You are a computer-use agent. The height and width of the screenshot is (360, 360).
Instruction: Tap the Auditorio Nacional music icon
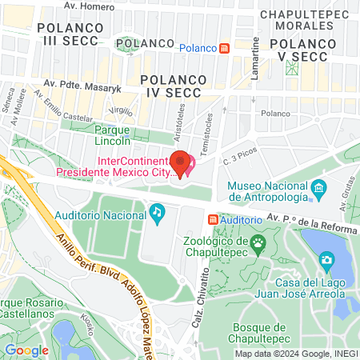[157, 212]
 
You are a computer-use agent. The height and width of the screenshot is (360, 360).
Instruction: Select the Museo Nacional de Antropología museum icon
[320, 190]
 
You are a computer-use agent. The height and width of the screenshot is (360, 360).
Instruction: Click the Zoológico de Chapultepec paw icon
[258, 242]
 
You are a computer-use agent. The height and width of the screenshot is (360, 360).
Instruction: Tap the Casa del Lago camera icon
[326, 260]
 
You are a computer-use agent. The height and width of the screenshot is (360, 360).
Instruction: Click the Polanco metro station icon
[225, 48]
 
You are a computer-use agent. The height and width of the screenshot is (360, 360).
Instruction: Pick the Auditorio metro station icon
[212, 218]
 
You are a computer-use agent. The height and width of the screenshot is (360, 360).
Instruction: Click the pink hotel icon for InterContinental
[190, 167]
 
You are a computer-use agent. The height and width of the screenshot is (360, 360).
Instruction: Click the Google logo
[26, 350]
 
